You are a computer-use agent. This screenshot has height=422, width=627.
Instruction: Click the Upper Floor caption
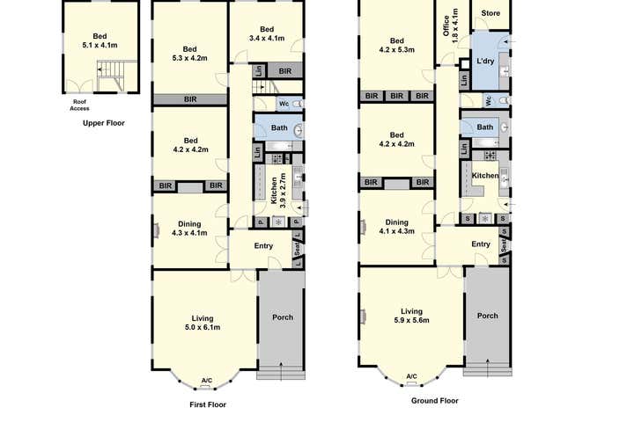(x=103, y=123)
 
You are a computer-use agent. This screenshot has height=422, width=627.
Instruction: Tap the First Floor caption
(x=208, y=404)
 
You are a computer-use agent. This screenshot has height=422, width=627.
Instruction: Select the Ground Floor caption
(x=434, y=400)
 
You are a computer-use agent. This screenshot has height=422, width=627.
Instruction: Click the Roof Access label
(x=81, y=106)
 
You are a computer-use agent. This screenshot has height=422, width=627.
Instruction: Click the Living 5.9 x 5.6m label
(x=411, y=316)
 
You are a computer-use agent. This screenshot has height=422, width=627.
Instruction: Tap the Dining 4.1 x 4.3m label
(x=396, y=227)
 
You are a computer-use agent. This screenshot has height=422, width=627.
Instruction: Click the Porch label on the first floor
(x=282, y=317)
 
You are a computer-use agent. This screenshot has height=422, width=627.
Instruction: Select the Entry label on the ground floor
(x=480, y=244)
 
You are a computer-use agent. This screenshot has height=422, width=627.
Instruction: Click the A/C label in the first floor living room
(x=206, y=381)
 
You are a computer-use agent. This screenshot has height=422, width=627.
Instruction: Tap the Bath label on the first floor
(x=279, y=129)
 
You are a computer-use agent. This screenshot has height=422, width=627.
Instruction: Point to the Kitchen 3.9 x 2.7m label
(x=278, y=189)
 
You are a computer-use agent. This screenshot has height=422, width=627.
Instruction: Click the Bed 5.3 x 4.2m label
(x=190, y=55)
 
